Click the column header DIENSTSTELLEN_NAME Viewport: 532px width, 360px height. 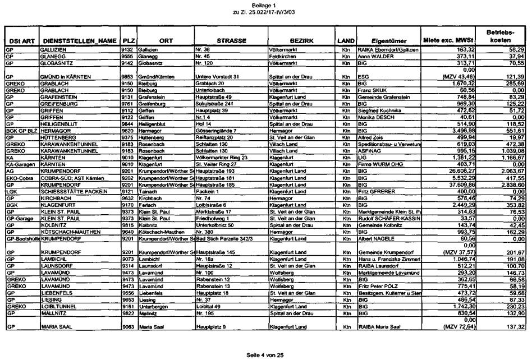[x=80, y=41]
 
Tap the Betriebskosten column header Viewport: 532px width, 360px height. [x=499, y=37]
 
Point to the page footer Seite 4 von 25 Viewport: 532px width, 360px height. [x=265, y=355]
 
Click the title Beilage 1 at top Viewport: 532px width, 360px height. [x=265, y=4]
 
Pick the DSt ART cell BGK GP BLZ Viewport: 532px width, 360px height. [x=21, y=130]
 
